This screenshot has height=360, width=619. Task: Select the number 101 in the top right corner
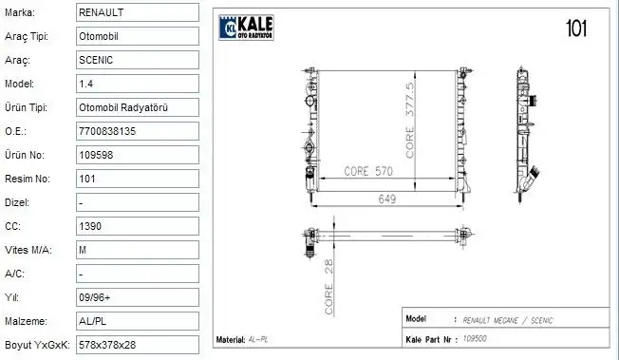[575, 28]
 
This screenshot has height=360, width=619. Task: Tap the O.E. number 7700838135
[108, 131]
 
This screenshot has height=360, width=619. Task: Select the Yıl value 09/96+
[96, 296]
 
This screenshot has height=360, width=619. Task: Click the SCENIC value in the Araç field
[97, 60]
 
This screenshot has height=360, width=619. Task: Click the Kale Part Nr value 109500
[475, 338]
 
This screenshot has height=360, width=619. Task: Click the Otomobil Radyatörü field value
[123, 107]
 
